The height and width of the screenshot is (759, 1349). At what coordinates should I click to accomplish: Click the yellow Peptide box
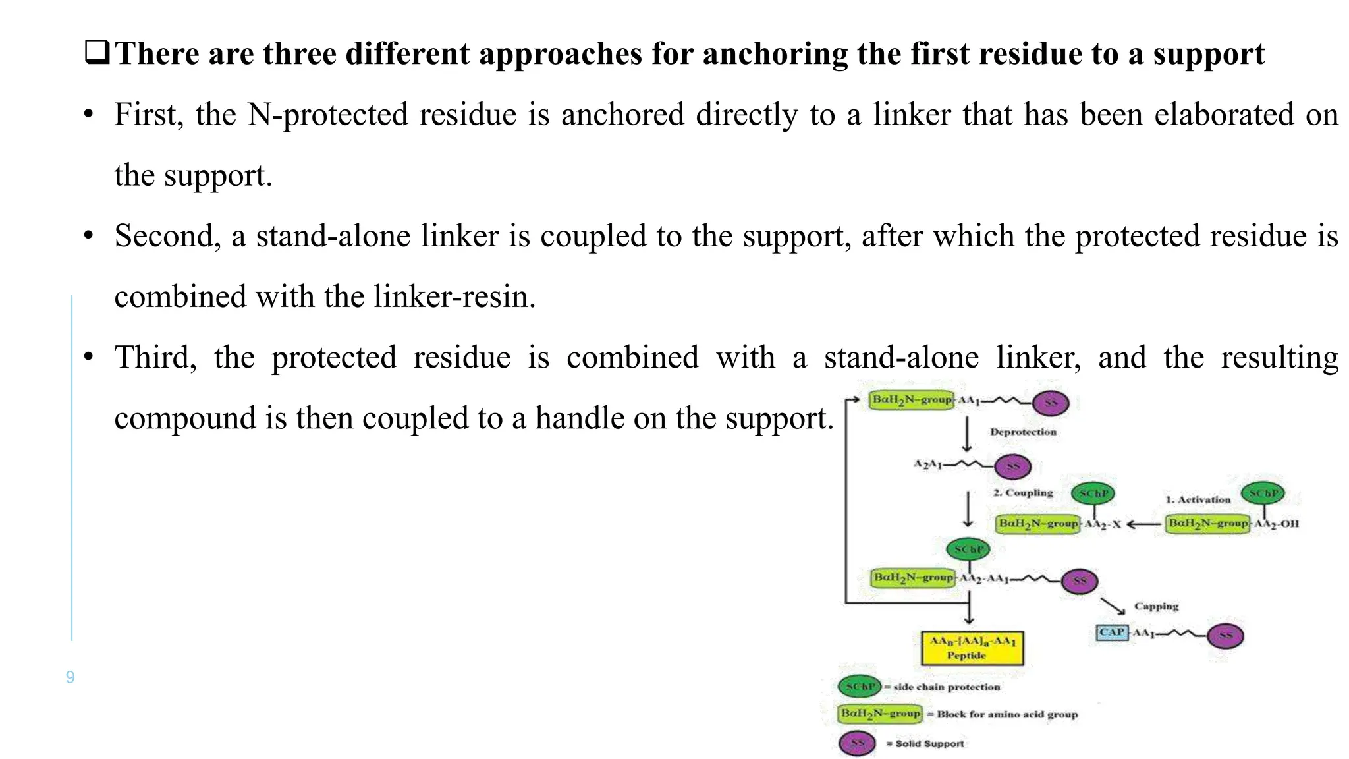[972, 648]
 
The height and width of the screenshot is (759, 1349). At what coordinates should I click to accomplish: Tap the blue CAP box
[1112, 632]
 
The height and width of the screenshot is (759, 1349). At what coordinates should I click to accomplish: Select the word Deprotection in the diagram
[1023, 432]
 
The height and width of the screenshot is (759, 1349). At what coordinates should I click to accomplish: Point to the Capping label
[1156, 606]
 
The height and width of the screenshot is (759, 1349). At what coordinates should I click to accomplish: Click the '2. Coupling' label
[1023, 493]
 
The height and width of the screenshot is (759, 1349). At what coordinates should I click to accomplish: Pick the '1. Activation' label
[1198, 500]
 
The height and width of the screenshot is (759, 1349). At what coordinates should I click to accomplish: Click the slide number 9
[70, 677]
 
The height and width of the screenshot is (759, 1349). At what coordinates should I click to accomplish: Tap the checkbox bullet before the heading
[97, 52]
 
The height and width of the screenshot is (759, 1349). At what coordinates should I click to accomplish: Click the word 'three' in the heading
[299, 54]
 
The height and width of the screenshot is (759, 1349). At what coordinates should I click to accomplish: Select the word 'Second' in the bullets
[167, 236]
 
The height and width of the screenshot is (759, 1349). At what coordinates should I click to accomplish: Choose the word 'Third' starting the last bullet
[155, 358]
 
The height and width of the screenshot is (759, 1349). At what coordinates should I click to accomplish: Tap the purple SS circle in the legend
[857, 744]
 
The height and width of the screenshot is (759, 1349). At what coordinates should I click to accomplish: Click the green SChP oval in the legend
[860, 687]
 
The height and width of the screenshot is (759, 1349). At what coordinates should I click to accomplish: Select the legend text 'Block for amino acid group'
[1007, 714]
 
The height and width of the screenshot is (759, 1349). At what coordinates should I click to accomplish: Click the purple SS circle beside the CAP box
[1225, 636]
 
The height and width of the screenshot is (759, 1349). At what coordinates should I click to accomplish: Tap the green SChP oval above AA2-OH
[1263, 493]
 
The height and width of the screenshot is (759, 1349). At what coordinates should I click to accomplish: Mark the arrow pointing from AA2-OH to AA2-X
[1143, 525]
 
